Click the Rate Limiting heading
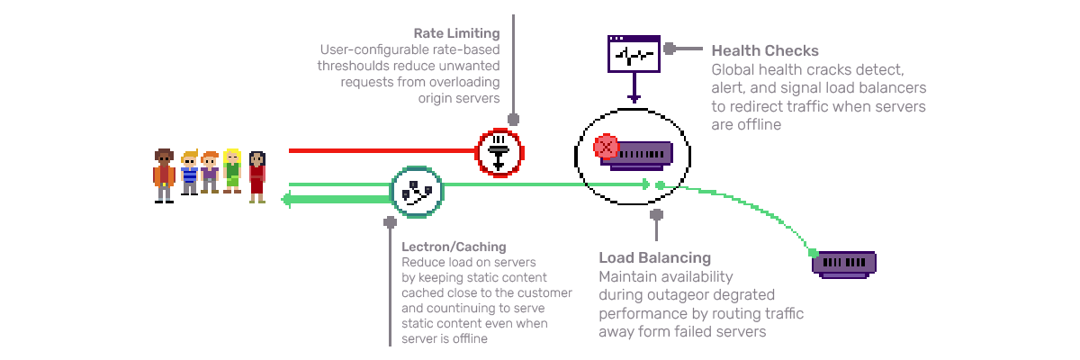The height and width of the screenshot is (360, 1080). click(456, 32)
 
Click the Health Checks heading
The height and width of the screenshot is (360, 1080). click(765, 51)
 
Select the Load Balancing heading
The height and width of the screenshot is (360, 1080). click(654, 258)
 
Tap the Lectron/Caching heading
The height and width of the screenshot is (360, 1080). click(454, 246)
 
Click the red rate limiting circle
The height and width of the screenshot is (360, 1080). click(499, 152)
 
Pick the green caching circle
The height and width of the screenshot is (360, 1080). click(417, 192)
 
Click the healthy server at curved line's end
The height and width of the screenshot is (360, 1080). click(843, 263)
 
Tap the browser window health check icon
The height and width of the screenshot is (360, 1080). click(634, 54)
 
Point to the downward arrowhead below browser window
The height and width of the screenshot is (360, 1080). click(634, 98)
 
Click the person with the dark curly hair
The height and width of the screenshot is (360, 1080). click(163, 172)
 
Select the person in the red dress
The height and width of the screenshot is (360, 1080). click(256, 175)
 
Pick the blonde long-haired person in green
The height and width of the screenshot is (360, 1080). click(232, 170)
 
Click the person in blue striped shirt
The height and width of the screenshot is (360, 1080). click(189, 172)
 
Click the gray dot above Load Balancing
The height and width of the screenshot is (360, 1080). click(656, 214)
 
